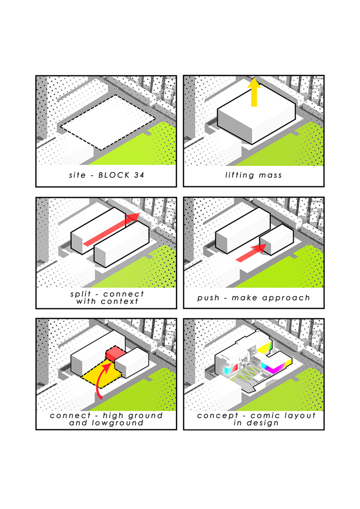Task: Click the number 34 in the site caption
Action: click(139, 175)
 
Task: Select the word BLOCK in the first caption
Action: click(114, 175)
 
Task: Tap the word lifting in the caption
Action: click(240, 175)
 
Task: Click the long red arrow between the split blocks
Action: click(111, 229)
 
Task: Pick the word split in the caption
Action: click(81, 294)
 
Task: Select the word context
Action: click(119, 302)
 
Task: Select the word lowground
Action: click(117, 423)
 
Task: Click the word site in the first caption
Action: click(77, 175)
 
